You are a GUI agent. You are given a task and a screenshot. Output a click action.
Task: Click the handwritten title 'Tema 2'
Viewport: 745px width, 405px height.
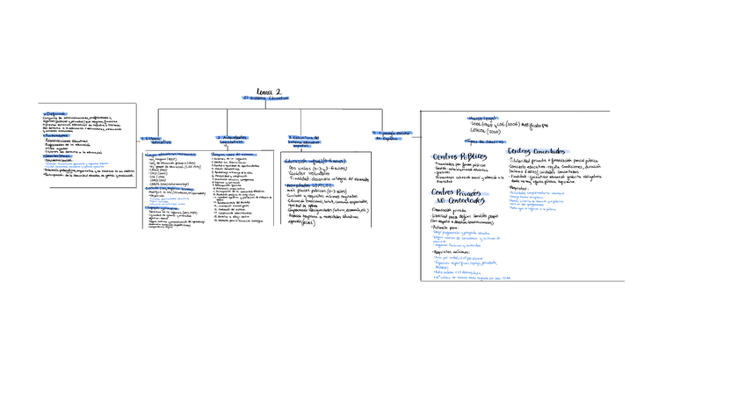pyautogui.click(x=269, y=91)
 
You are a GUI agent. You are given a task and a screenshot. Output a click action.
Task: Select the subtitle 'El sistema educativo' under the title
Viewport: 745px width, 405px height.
pyautogui.click(x=266, y=99)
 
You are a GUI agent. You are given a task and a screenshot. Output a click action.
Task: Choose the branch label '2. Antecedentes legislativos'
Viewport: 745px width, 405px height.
pyautogui.click(x=232, y=139)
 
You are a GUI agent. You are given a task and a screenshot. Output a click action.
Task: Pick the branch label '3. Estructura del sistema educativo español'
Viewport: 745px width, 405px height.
pyautogui.click(x=304, y=141)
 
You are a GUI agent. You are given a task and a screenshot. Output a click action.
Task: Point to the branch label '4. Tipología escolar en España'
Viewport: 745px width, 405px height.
pyautogui.click(x=390, y=135)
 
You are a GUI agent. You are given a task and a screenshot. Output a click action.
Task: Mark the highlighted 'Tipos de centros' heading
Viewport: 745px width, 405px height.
pyautogui.click(x=484, y=141)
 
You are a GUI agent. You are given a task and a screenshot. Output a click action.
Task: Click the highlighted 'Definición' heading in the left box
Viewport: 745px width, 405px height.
pyautogui.click(x=55, y=113)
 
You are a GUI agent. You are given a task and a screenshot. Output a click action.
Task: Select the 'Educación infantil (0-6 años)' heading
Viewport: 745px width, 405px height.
pyautogui.click(x=315, y=161)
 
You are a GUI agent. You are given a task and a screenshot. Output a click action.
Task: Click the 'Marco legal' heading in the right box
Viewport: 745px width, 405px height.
pyautogui.click(x=482, y=118)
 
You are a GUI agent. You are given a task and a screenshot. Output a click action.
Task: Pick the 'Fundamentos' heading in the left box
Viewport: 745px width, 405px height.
pyautogui.click(x=57, y=135)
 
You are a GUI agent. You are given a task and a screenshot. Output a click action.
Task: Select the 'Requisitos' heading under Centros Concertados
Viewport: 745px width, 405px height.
pyautogui.click(x=520, y=187)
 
